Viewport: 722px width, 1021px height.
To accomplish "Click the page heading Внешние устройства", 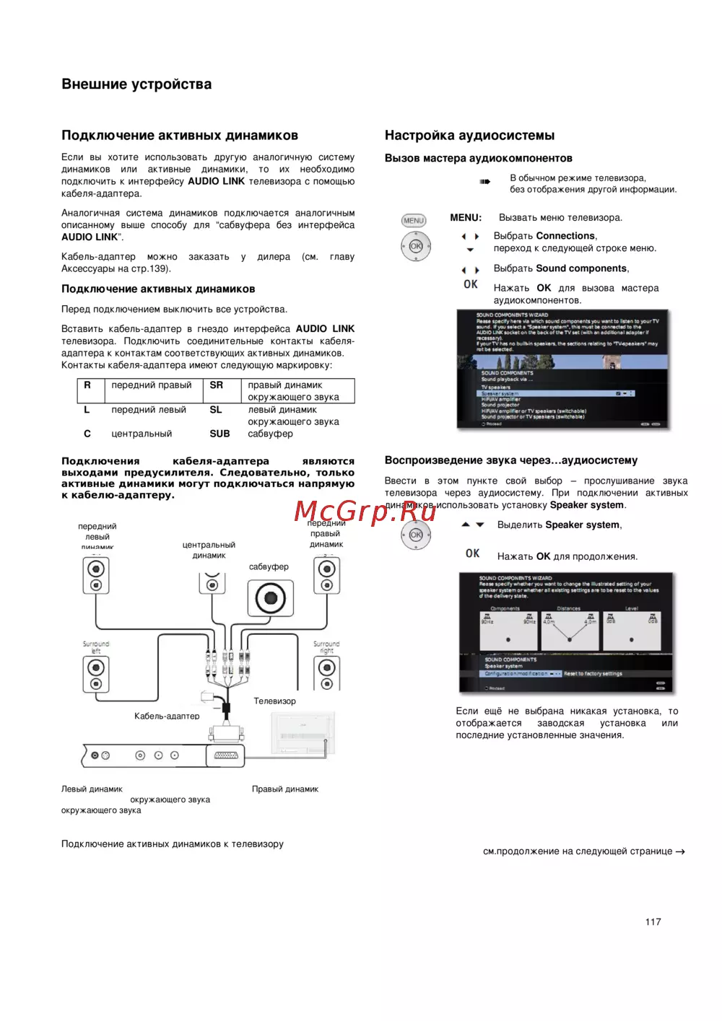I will tap(136, 84).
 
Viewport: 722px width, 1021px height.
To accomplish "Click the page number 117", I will tap(653, 921).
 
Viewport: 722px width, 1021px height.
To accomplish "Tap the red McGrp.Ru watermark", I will tap(365, 512).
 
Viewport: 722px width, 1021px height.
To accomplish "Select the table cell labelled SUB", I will tap(219, 434).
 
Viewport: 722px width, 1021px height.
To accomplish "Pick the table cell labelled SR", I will tap(216, 385).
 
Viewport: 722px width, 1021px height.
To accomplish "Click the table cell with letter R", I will tap(87, 385).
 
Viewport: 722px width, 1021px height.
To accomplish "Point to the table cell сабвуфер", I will tap(270, 434).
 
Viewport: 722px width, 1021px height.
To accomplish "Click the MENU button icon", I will tap(414, 221).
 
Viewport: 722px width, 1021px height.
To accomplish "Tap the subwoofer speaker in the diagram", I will tap(270, 597).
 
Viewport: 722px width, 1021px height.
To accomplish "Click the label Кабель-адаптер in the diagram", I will tap(167, 716).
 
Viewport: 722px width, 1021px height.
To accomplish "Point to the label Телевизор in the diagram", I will tap(274, 701).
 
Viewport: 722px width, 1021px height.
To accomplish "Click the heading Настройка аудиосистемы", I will tap(469, 135).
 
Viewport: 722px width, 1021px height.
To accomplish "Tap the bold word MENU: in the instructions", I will tap(466, 217).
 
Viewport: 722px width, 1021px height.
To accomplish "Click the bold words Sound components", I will tap(581, 268).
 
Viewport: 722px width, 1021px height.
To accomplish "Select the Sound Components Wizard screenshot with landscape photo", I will tap(563, 369).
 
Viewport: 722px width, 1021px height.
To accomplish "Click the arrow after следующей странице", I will tap(680, 851).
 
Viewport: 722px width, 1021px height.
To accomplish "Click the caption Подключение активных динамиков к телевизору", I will tap(172, 843).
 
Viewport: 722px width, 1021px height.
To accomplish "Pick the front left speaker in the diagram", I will tap(96, 576).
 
